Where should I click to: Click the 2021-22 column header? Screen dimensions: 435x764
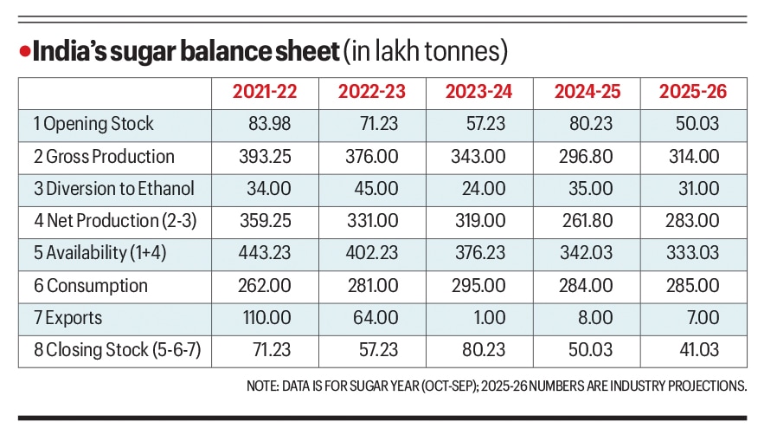coord(265,92)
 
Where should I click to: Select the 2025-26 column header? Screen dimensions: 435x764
coord(693,92)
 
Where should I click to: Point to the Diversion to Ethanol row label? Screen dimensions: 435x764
coord(114,189)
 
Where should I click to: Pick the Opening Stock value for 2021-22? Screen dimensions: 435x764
coord(268,124)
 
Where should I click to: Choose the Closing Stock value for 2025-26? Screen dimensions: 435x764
coord(697,351)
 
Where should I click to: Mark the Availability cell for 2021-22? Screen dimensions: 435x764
coord(265,253)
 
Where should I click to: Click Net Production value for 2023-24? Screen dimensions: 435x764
coord(479,221)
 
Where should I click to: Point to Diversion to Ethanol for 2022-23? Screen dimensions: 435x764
coord(376,189)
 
